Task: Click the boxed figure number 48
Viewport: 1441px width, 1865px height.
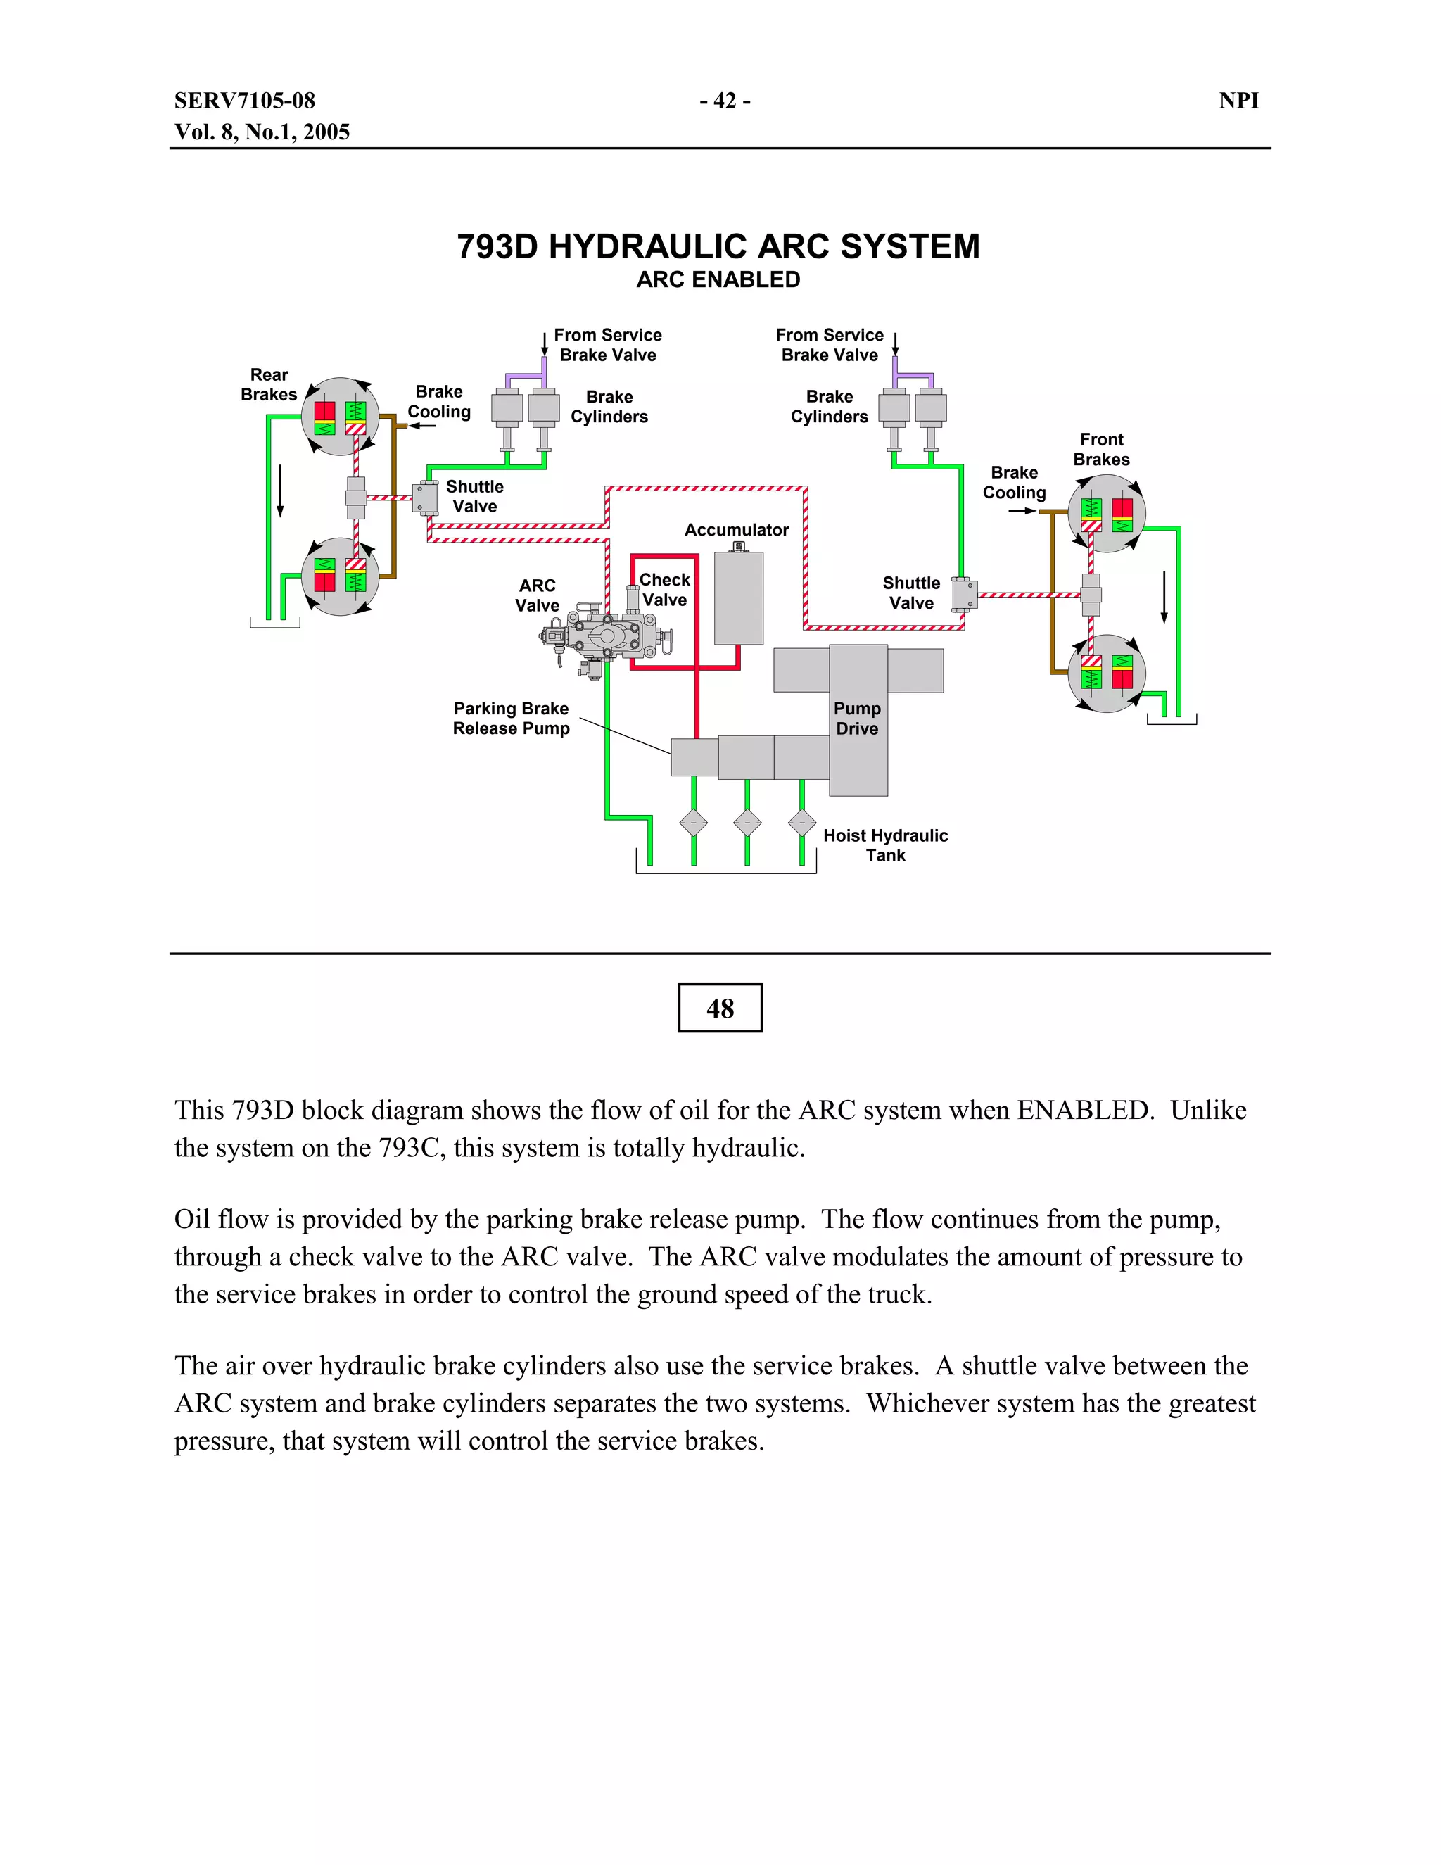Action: pyautogui.click(x=720, y=1008)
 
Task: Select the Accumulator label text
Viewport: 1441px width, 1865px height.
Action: pyautogui.click(x=736, y=531)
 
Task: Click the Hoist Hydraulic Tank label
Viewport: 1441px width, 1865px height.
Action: pyautogui.click(x=884, y=845)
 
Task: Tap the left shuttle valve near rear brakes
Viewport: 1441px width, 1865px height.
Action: pyautogui.click(x=425, y=497)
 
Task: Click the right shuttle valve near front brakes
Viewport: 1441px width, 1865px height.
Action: pyautogui.click(x=965, y=593)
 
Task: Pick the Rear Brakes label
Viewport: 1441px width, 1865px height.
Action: pyautogui.click(x=269, y=384)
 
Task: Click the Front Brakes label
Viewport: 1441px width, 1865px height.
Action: pyautogui.click(x=1101, y=449)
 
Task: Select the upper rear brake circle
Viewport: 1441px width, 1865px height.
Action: pyautogui.click(x=340, y=417)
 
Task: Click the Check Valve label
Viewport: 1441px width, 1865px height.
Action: pyautogui.click(x=664, y=590)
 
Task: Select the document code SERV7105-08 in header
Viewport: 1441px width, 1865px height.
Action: pyautogui.click(x=245, y=101)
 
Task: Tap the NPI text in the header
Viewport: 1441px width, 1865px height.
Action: pyautogui.click(x=1238, y=101)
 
